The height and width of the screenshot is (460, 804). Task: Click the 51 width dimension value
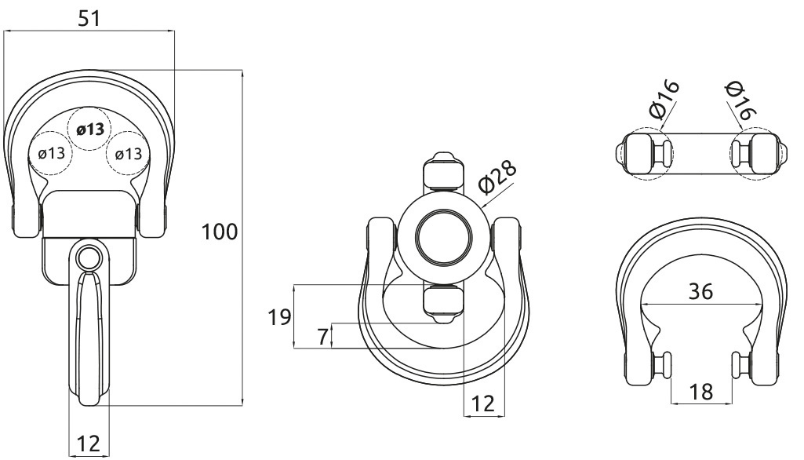(x=89, y=18)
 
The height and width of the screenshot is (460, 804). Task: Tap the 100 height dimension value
(x=220, y=232)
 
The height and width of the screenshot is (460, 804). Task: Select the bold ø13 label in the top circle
(x=90, y=130)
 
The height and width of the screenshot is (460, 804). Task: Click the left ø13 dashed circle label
(x=51, y=152)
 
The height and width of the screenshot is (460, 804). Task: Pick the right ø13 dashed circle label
(x=129, y=153)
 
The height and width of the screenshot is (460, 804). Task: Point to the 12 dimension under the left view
(x=89, y=443)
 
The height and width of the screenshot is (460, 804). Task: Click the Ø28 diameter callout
(x=497, y=178)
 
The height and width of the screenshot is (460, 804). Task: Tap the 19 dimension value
(x=279, y=317)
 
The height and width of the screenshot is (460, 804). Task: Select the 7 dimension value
(x=322, y=338)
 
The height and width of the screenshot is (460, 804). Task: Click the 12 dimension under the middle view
(x=483, y=403)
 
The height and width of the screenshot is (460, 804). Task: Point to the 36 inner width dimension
(x=700, y=291)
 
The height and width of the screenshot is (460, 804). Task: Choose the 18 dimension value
(x=701, y=392)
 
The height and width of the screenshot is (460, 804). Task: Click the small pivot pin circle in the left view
(x=89, y=257)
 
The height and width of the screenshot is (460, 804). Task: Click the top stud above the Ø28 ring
(x=443, y=171)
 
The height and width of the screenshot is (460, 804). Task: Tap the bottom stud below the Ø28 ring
(x=443, y=305)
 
